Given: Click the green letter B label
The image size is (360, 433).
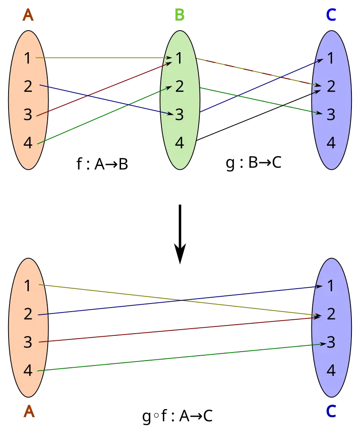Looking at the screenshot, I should point(179,15).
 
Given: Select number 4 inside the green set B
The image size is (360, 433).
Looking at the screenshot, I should point(179,143).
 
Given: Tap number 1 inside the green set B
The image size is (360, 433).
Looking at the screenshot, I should point(179,58).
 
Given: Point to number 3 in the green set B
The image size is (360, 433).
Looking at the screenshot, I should point(179,115).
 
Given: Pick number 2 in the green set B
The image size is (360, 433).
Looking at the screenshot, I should point(179,86).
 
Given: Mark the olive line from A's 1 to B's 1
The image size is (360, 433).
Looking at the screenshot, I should point(103,58).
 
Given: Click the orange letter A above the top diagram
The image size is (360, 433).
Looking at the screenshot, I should point(28,15).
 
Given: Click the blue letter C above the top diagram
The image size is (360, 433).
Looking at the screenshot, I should point(331,15).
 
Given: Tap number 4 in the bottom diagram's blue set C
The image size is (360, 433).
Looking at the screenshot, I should point(331,371).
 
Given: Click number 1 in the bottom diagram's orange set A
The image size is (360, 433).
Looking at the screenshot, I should point(28,286).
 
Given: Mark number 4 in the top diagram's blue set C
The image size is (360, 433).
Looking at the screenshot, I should point(331,143).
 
